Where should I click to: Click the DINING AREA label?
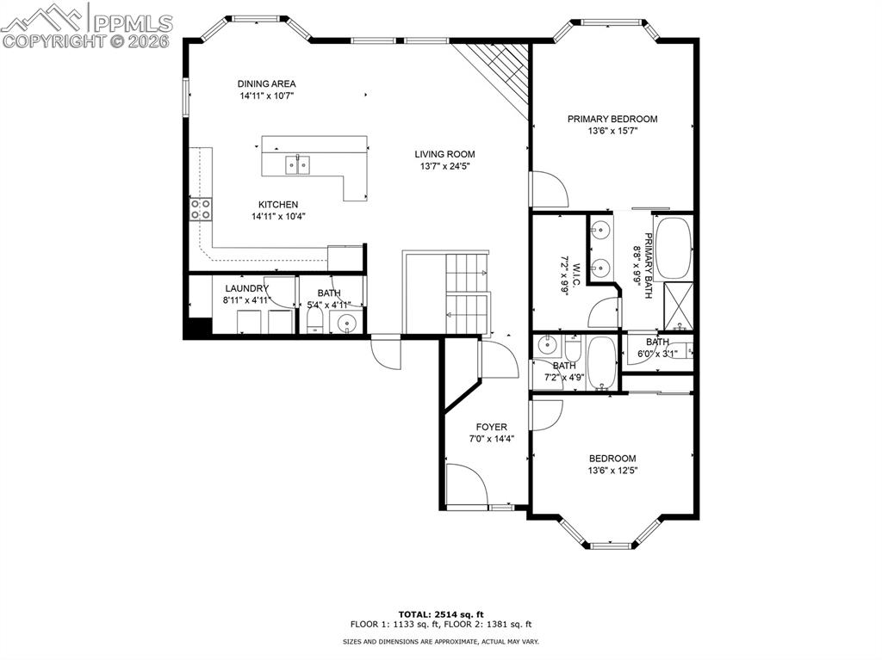pyautogui.click(x=267, y=83)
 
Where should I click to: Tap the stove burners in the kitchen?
pyautogui.click(x=201, y=209)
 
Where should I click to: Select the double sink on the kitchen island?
pyautogui.click(x=298, y=163)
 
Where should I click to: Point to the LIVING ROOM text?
pyautogui.click(x=444, y=154)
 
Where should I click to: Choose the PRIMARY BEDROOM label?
pyautogui.click(x=612, y=119)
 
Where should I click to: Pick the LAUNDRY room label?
pyautogui.click(x=247, y=288)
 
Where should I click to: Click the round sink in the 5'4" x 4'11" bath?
pyautogui.click(x=347, y=324)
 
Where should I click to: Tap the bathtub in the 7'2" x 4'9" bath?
pyautogui.click(x=602, y=363)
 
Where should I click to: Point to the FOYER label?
pyautogui.click(x=492, y=427)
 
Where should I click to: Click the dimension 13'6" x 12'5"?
pyautogui.click(x=612, y=471)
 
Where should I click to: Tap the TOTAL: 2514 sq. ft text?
pyautogui.click(x=440, y=613)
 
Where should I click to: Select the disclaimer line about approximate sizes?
pyautogui.click(x=440, y=642)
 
